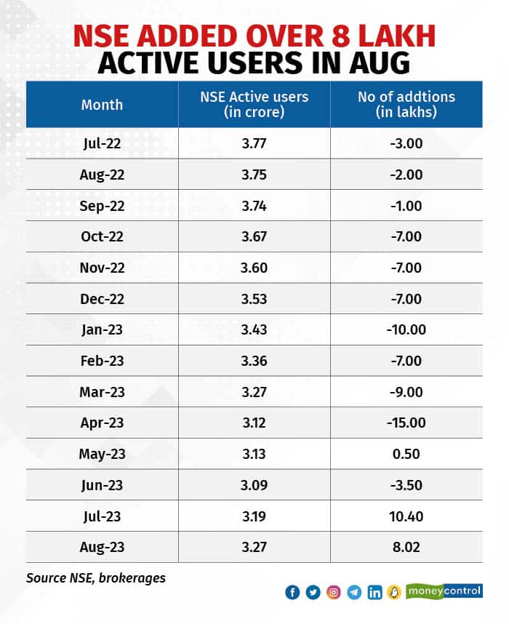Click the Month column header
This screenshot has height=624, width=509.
click(x=102, y=105)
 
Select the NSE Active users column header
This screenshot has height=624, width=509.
click(x=254, y=105)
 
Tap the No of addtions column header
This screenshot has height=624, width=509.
click(x=406, y=105)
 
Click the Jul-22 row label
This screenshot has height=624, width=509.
click(x=102, y=143)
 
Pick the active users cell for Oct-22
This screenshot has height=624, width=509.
click(x=254, y=236)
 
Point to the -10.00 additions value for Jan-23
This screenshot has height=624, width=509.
click(x=406, y=329)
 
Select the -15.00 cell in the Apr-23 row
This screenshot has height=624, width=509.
click(x=406, y=423)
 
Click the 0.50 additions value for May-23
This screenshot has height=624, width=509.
click(x=406, y=454)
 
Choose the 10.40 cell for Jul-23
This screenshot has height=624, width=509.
click(x=406, y=516)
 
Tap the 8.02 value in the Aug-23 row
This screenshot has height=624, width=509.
click(x=406, y=547)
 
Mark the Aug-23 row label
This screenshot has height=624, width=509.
click(x=102, y=547)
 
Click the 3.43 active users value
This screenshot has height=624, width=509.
click(x=254, y=329)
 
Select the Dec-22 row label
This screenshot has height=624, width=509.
click(x=102, y=298)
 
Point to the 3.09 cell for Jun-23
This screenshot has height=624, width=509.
click(x=254, y=485)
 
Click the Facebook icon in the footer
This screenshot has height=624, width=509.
click(x=292, y=593)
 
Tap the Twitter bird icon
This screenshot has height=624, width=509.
click(x=313, y=593)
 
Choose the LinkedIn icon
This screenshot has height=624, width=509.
click(x=374, y=593)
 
